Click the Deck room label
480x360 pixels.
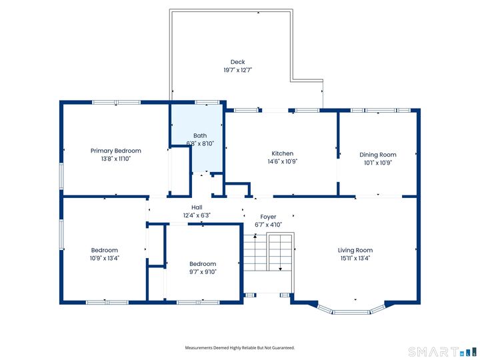pos(237,62)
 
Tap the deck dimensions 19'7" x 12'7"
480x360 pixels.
pos(237,70)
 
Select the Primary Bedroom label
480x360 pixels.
pos(116,151)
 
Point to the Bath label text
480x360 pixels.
pos(200,135)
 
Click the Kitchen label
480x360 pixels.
pos(282,153)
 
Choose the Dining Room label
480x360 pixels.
pos(378,155)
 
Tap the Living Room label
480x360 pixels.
pos(355,250)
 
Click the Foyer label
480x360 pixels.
pos(268,217)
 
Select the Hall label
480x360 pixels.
pos(197,207)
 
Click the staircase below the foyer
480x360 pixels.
pos(267,257)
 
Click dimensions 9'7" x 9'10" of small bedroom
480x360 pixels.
pos(203,271)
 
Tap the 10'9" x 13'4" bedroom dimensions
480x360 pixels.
pos(105,258)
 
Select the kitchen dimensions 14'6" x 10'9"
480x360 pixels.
pos(282,161)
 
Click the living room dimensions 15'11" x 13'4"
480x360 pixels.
pos(355,258)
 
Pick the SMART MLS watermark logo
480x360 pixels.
pos(440,351)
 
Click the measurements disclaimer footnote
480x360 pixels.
pos(239,347)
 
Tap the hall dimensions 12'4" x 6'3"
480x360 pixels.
pos(197,215)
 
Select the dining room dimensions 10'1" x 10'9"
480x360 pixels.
pos(378,163)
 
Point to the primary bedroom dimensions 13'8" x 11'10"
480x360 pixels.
pos(116,159)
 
